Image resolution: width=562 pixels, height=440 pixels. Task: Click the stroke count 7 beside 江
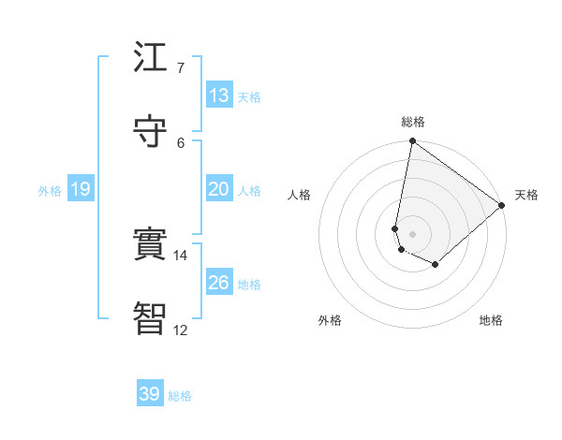(181, 68)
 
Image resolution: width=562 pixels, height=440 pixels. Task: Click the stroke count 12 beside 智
(181, 330)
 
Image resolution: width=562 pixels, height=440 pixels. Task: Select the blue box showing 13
(219, 95)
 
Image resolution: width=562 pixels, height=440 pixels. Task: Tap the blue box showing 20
(219, 189)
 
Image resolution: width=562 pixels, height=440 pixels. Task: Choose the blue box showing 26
(219, 283)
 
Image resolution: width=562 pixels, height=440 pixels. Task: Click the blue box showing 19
(81, 189)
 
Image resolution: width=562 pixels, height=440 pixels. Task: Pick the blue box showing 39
(150, 394)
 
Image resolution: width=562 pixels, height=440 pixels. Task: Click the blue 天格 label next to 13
(249, 96)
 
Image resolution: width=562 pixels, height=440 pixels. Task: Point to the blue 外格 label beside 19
(50, 191)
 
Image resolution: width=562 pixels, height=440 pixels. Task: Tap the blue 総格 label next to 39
(180, 396)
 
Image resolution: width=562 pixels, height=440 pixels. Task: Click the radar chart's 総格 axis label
(413, 122)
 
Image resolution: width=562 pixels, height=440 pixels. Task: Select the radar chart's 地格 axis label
(491, 320)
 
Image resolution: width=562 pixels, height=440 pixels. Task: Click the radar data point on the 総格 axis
(412, 142)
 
